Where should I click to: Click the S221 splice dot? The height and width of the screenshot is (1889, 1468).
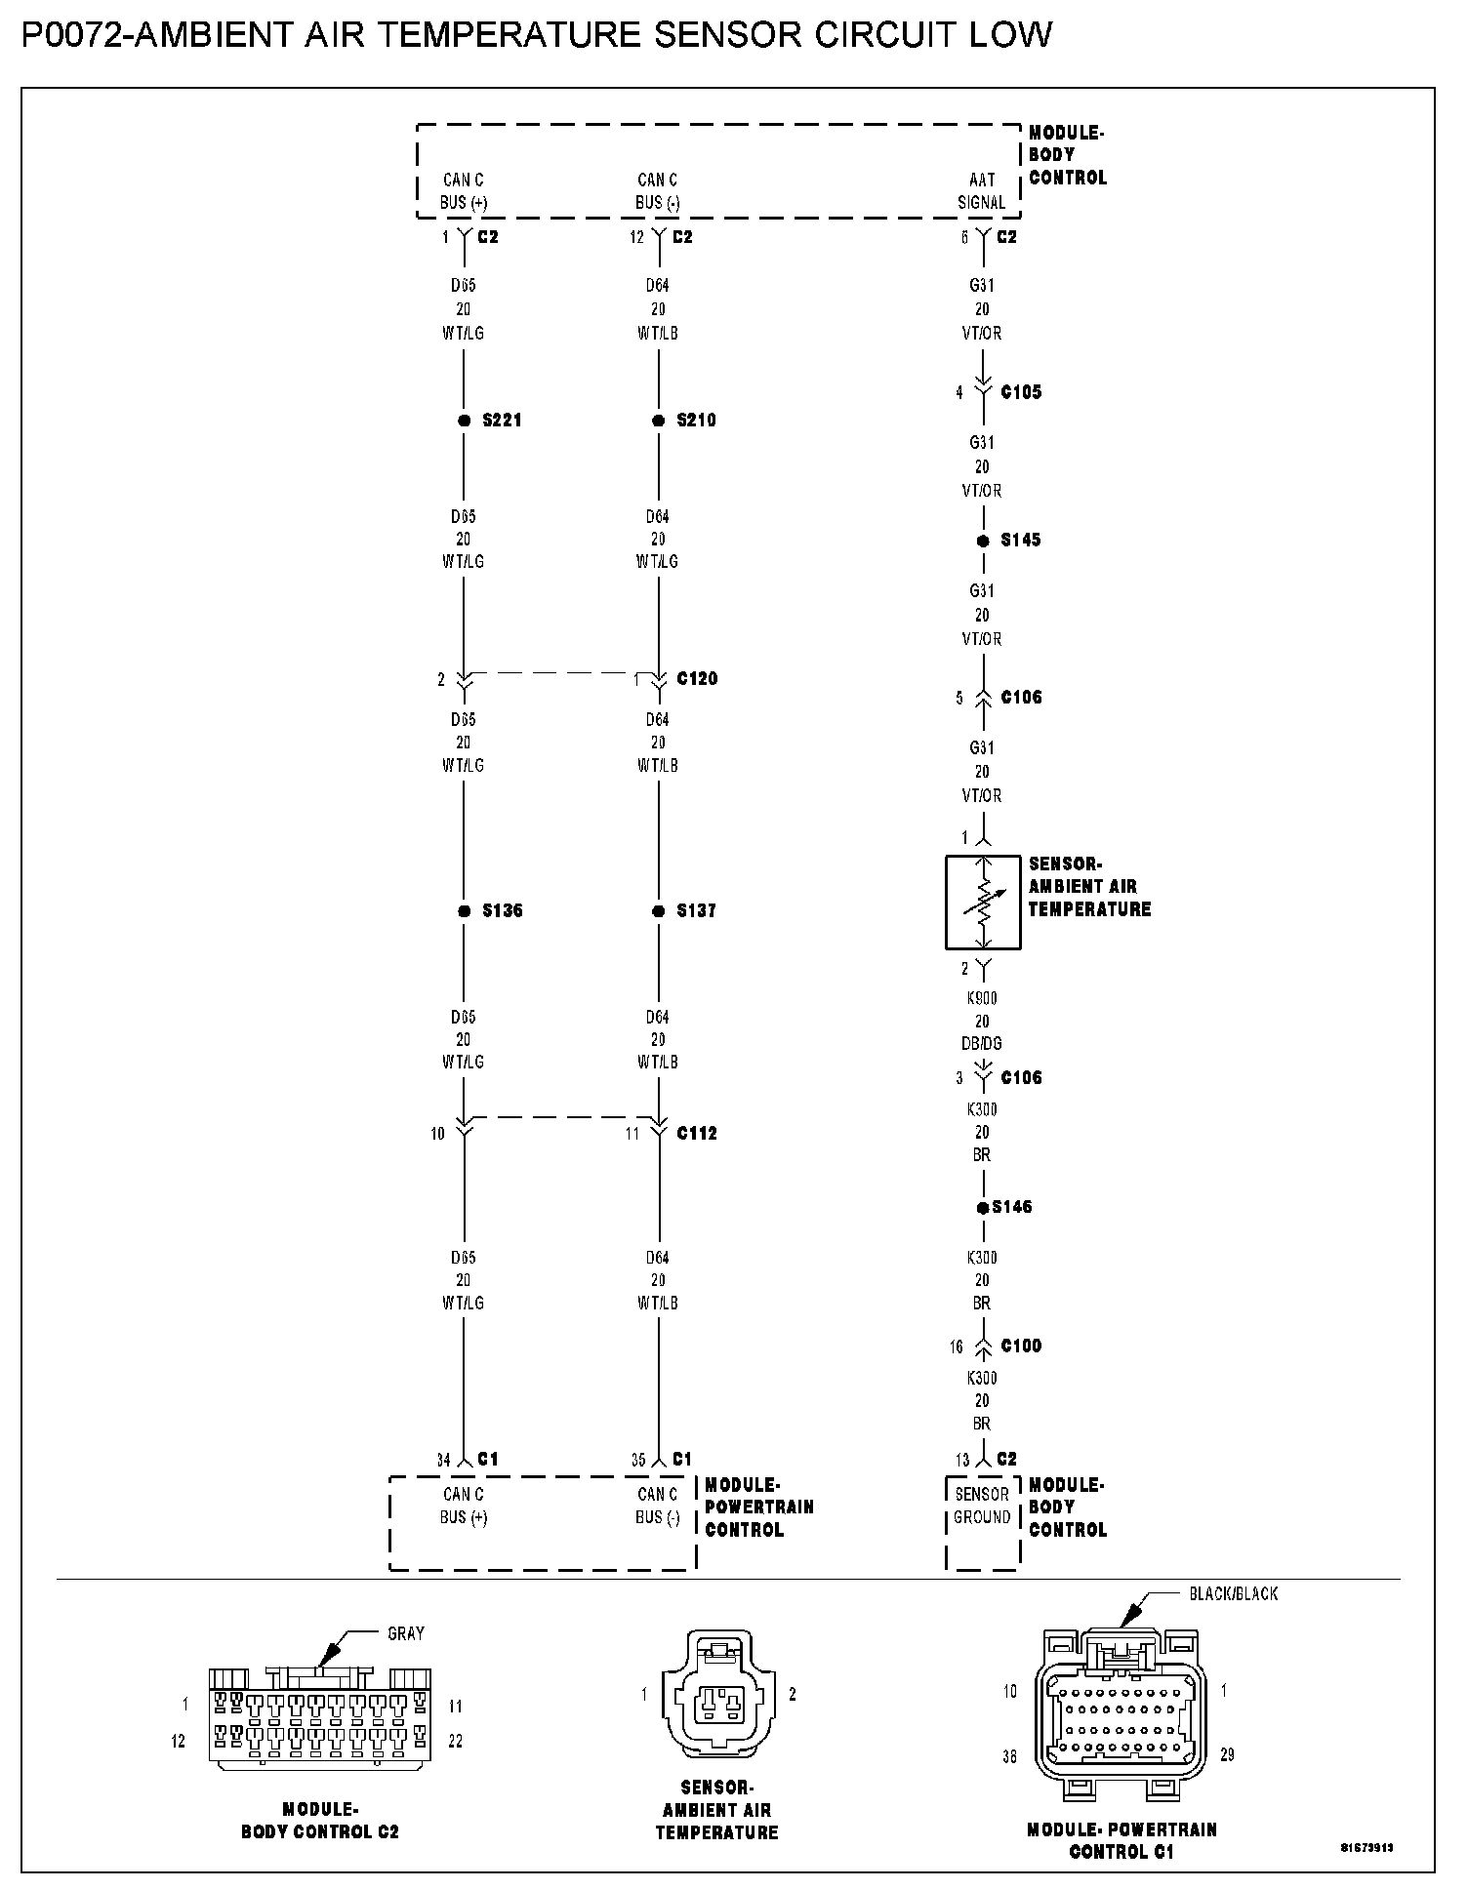tap(464, 421)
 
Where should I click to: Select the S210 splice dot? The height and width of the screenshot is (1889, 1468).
tap(658, 421)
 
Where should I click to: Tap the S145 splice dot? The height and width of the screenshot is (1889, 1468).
tap(983, 541)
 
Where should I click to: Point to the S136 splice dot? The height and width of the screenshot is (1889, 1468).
tap(464, 911)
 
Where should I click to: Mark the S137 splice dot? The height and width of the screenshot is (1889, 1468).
tap(658, 911)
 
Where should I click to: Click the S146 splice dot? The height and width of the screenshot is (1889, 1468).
tap(983, 1208)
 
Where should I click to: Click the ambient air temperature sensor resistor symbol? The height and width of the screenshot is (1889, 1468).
tap(983, 903)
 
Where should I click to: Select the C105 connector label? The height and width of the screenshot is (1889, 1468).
tap(1021, 392)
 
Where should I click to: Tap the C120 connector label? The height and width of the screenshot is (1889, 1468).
tap(697, 679)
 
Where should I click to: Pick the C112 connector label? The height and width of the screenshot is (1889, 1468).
tap(697, 1134)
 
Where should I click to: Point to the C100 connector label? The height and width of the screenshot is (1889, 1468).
tap(1021, 1346)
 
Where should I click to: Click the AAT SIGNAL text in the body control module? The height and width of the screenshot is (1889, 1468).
tap(982, 191)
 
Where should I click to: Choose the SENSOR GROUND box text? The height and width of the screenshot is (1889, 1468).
tap(982, 1506)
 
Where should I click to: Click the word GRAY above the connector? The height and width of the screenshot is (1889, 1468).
tap(406, 1633)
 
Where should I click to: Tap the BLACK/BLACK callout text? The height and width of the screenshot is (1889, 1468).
tap(1233, 1593)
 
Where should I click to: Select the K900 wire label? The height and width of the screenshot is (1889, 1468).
tap(982, 998)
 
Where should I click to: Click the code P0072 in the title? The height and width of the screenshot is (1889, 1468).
tap(74, 35)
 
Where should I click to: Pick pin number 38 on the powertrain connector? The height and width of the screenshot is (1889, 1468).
tap(1009, 1756)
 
